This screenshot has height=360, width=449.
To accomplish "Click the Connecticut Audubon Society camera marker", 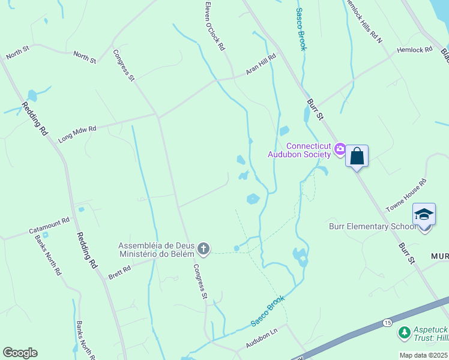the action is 340,148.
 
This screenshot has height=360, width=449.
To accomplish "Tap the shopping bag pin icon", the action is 357,156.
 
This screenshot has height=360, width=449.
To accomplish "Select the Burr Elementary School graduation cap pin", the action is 424,215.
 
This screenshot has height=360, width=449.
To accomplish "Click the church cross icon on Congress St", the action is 203,248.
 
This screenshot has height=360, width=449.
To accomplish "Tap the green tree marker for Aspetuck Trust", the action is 405,332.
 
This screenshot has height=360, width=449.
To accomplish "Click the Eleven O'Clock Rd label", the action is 214,25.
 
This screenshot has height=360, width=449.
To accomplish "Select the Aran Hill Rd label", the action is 261,65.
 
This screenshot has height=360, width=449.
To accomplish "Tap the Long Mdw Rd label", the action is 77,134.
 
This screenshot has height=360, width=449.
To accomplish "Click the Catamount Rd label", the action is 49,227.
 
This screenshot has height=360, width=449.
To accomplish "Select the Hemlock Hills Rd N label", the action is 363,20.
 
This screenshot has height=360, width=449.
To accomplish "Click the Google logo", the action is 20,353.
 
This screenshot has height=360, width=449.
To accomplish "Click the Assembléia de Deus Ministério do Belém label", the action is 157,249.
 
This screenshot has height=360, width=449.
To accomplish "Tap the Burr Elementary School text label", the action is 372,226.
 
